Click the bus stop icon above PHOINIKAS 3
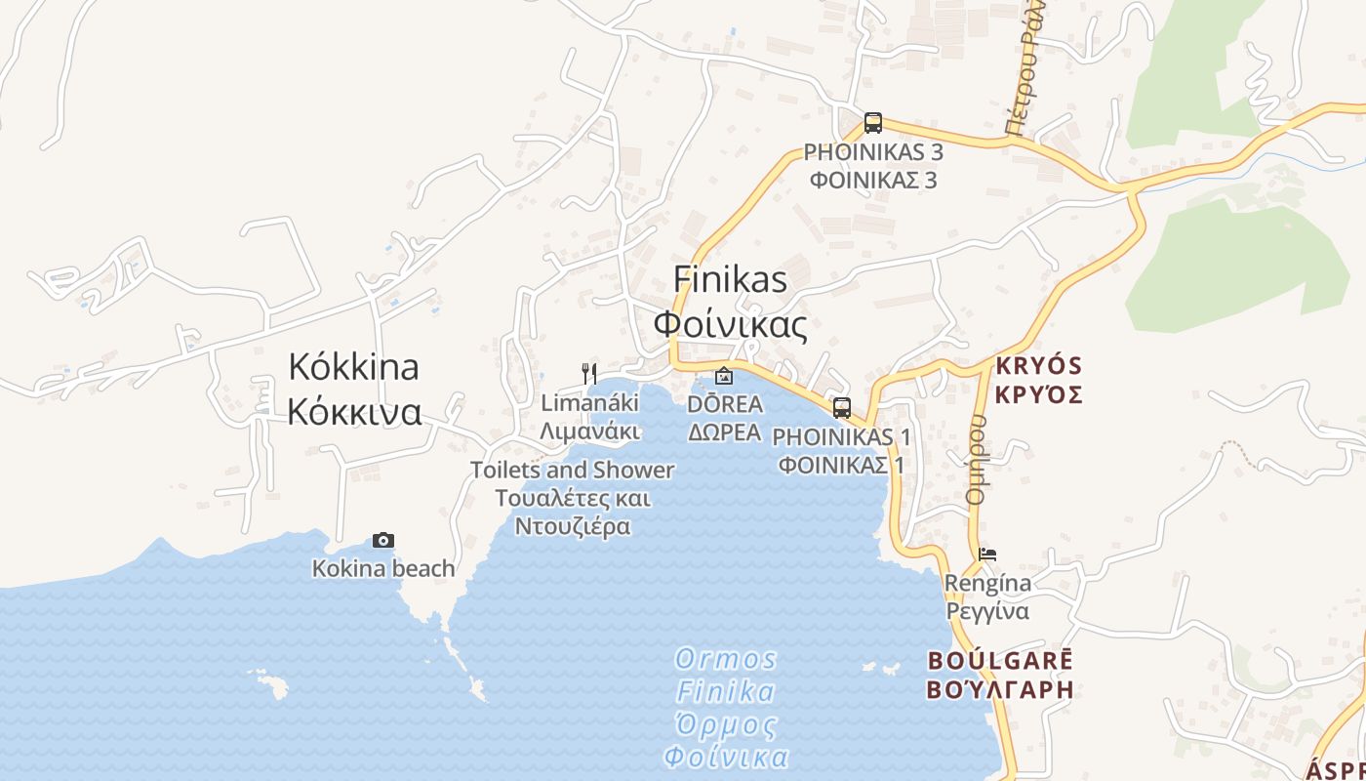tap(872, 124)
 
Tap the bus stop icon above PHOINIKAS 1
tap(841, 408)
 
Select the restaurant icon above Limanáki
tap(588, 373)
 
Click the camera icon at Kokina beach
tap(383, 540)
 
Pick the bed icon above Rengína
tap(987, 555)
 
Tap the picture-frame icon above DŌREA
tap(724, 375)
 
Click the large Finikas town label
tap(730, 280)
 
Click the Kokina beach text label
tap(383, 568)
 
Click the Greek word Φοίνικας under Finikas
tap(730, 324)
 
